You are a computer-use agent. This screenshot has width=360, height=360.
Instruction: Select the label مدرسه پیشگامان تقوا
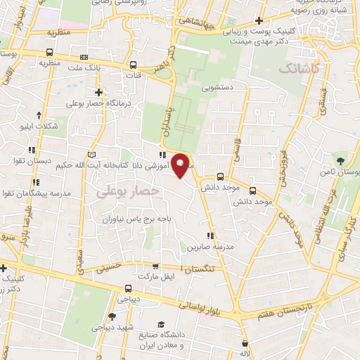[x=38, y=193]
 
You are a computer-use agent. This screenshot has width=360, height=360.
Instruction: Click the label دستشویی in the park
[x=213, y=89]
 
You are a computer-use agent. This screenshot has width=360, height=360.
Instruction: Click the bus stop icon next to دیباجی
[x=127, y=288]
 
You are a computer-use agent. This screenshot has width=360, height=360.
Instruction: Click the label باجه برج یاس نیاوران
[x=134, y=219]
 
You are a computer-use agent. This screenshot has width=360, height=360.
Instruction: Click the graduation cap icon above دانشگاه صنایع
[x=162, y=324]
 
